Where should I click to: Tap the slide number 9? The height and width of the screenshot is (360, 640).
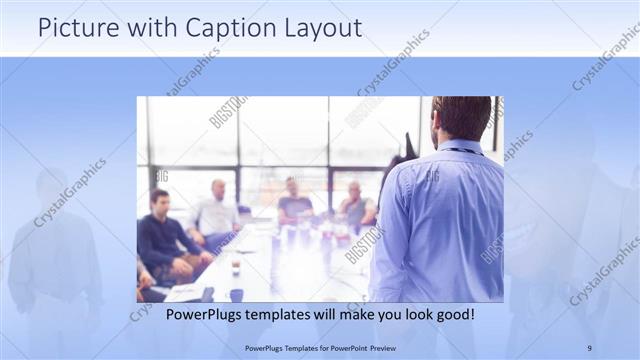[x=589, y=347]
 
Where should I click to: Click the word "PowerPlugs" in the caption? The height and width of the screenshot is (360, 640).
[x=180, y=314]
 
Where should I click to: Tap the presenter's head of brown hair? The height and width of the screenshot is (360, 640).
[x=461, y=115]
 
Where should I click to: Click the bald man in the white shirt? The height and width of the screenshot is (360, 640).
[x=216, y=210]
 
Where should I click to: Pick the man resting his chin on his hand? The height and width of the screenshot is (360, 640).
[x=355, y=206]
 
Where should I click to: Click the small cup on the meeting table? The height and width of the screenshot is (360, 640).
[x=236, y=267]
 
